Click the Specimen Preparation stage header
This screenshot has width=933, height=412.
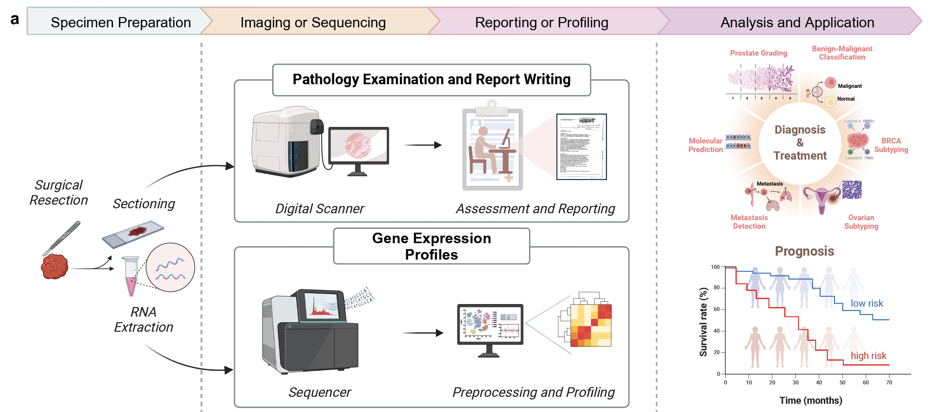[x=120, y=22]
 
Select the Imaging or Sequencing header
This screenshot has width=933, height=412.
[x=313, y=22]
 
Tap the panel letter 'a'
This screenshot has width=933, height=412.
[x=15, y=19]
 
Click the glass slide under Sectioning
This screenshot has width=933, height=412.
[x=133, y=234]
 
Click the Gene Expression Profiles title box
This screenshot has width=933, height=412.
[x=431, y=246]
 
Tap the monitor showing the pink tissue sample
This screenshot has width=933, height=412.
[x=358, y=146]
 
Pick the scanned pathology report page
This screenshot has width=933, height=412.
[x=581, y=147]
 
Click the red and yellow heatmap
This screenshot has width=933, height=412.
[x=590, y=325]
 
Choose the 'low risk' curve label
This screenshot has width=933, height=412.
[x=866, y=303]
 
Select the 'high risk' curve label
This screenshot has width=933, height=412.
[x=868, y=355]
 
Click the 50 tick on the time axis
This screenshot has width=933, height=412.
[x=842, y=382]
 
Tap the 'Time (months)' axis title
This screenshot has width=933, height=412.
[x=811, y=400]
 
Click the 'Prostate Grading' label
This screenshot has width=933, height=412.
[x=759, y=53]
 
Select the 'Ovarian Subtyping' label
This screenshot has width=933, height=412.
[x=861, y=221]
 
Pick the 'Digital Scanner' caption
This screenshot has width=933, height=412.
[x=319, y=209]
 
